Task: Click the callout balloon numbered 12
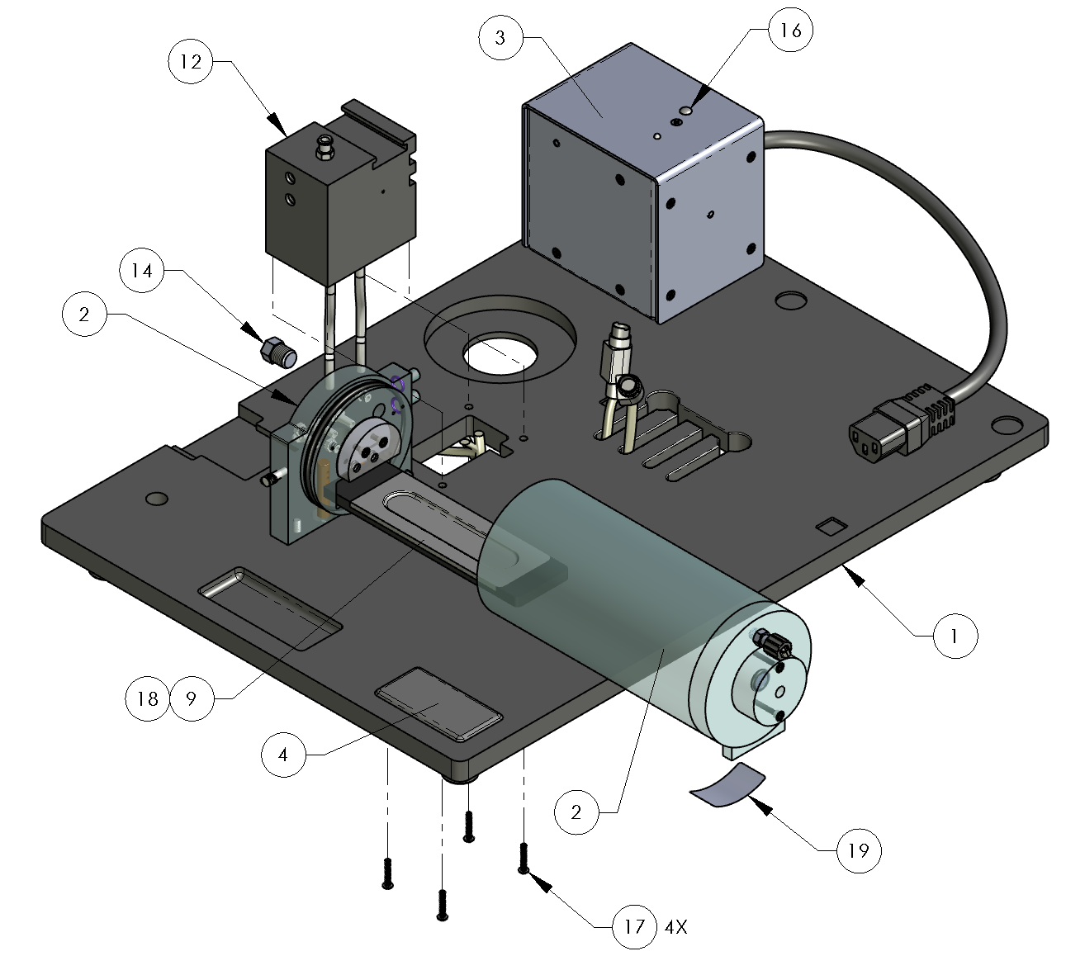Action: pyautogui.click(x=191, y=62)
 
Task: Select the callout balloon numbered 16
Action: pyautogui.click(x=790, y=31)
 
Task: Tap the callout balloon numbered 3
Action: pyautogui.click(x=500, y=39)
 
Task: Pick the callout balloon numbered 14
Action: pyautogui.click(x=143, y=272)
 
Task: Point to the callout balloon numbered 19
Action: pyautogui.click(x=859, y=850)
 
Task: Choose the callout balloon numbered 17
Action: pyautogui.click(x=633, y=926)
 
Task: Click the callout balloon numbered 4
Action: pyautogui.click(x=283, y=754)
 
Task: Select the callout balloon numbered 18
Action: pyautogui.click(x=148, y=699)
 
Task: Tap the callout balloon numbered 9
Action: pyautogui.click(x=191, y=699)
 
